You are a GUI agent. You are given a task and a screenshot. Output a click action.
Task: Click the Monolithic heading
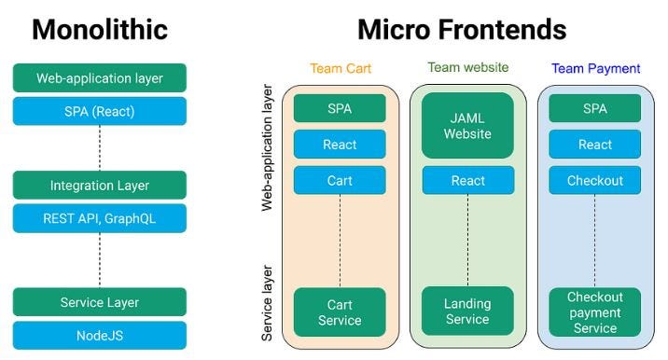(100, 30)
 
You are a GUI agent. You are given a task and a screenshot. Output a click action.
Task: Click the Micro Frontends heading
(462, 30)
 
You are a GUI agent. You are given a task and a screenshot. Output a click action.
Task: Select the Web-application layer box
(100, 78)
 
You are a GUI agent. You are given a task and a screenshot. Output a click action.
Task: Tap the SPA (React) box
(100, 111)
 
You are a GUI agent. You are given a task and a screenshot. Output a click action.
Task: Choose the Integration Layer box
(100, 186)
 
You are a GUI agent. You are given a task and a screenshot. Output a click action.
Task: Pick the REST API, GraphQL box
(100, 218)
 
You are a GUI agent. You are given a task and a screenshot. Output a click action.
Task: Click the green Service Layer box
(100, 302)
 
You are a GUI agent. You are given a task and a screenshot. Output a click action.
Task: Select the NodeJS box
(100, 335)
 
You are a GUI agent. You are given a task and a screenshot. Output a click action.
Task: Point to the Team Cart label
(340, 69)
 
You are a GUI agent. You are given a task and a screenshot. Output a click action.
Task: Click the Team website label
(467, 67)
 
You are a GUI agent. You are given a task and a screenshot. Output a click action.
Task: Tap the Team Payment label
(595, 69)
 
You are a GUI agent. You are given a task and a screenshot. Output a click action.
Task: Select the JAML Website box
(467, 125)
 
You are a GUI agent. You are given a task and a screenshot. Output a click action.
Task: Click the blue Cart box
(340, 180)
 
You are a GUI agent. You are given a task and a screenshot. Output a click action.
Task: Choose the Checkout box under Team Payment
(595, 180)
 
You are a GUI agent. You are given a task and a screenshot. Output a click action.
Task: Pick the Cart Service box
(340, 312)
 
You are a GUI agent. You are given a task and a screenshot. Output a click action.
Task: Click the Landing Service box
(467, 312)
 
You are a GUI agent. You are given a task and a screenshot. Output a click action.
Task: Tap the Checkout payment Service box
(595, 312)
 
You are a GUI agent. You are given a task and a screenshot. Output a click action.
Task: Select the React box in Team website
(467, 180)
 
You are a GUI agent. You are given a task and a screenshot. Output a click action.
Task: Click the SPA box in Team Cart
(340, 108)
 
